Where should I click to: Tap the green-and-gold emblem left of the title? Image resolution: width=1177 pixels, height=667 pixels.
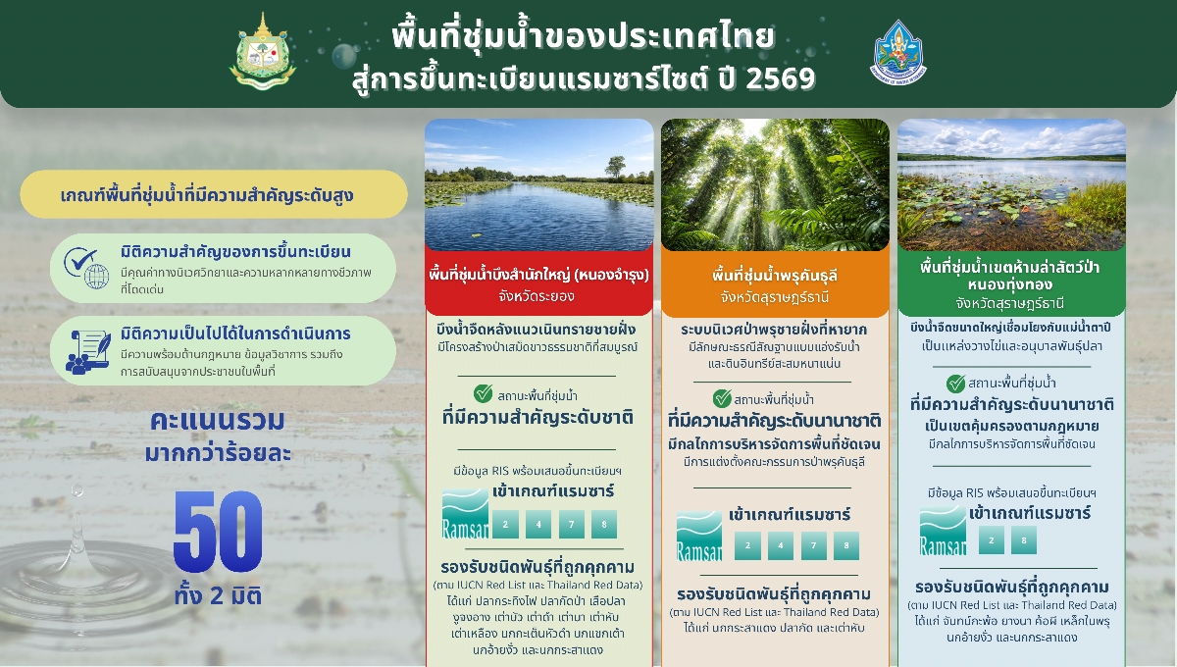pyautogui.click(x=262, y=52)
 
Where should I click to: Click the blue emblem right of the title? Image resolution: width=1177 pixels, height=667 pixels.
pyautogui.click(x=897, y=52)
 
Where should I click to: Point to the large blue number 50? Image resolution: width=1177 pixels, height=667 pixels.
pyautogui.click(x=218, y=531)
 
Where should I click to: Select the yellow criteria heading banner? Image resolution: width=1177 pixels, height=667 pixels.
pyautogui.click(x=214, y=194)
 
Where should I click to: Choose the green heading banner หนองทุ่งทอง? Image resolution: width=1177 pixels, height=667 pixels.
pyautogui.click(x=1011, y=284)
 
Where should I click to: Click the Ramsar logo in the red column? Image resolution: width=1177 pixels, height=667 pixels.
pyautogui.click(x=465, y=513)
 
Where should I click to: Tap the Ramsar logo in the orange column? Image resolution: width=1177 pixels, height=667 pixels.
pyautogui.click(x=699, y=536)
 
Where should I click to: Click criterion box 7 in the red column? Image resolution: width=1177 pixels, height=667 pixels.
pyautogui.click(x=572, y=524)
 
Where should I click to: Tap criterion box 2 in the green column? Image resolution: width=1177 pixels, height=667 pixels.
pyautogui.click(x=992, y=540)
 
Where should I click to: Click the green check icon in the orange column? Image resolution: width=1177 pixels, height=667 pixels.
pyautogui.click(x=722, y=398)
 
